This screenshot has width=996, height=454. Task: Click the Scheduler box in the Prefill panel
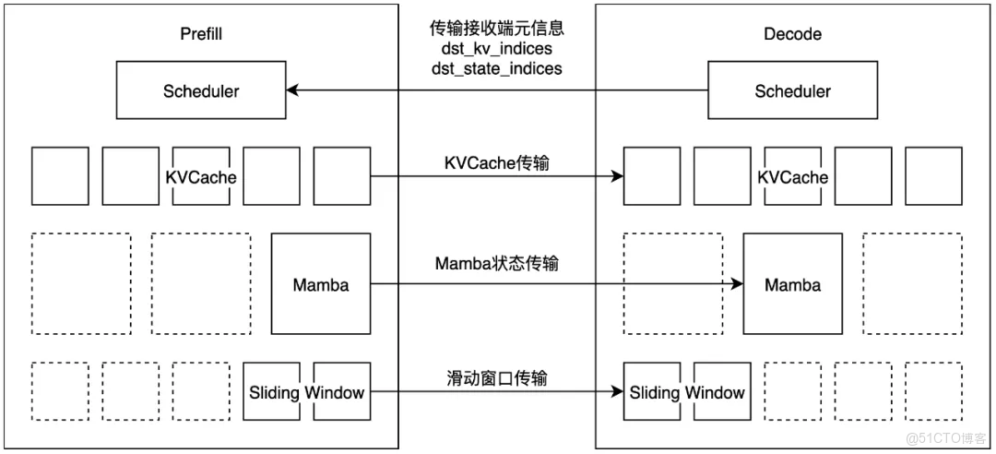click(200, 91)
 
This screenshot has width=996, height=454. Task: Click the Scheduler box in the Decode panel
click(792, 91)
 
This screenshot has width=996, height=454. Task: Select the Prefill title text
click(201, 34)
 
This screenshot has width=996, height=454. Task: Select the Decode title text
click(792, 34)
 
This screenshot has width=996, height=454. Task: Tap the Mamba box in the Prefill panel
click(320, 284)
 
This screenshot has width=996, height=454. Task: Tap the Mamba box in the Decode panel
click(792, 284)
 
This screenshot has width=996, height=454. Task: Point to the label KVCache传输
click(496, 163)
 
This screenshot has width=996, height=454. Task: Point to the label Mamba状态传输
click(496, 264)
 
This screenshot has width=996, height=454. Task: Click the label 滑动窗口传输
click(496, 378)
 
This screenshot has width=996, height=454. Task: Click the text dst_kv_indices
click(496, 48)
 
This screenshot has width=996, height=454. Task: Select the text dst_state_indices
click(496, 67)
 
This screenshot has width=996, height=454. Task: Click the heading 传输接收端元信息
click(496, 29)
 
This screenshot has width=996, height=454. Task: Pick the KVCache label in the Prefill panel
click(201, 177)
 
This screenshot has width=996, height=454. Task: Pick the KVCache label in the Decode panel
click(792, 177)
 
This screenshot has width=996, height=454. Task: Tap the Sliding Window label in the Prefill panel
click(306, 392)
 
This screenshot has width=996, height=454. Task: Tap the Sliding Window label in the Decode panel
click(687, 392)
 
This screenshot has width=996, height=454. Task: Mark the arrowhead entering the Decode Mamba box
click(737, 284)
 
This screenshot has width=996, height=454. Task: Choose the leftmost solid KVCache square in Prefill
click(61, 176)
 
